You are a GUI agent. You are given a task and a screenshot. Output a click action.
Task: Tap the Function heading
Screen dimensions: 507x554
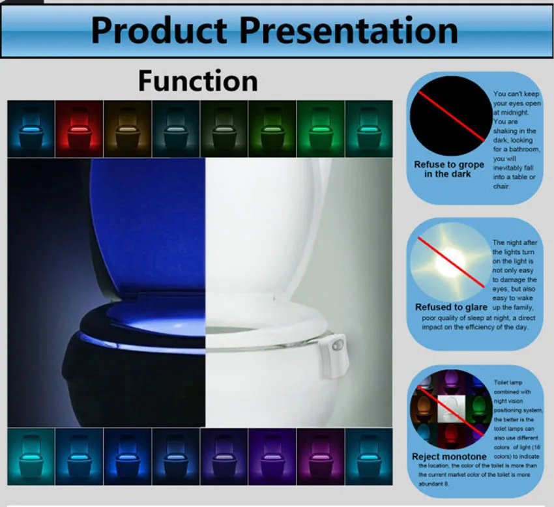pos(197,81)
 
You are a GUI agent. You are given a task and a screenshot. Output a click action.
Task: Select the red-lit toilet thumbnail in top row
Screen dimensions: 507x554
pos(80,128)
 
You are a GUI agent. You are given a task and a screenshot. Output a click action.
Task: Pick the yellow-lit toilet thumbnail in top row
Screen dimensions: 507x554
pos(128,128)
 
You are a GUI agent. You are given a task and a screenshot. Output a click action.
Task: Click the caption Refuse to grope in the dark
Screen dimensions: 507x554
pos(449,169)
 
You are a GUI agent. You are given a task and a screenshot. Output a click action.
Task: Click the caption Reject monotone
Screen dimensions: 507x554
pos(449,457)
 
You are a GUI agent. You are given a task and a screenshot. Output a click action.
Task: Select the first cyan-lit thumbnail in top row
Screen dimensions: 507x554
pos(31,128)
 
